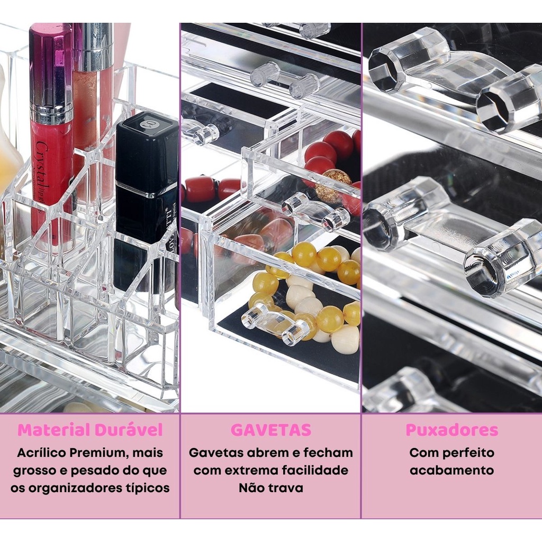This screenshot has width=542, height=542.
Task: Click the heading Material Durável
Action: pyautogui.click(x=90, y=430)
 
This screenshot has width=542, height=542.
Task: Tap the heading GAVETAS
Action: pyautogui.click(x=270, y=430)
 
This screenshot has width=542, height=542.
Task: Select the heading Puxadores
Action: pyautogui.click(x=452, y=430)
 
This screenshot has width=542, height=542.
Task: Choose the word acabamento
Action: pyautogui.click(x=452, y=470)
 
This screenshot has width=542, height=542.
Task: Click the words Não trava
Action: pyautogui.click(x=270, y=487)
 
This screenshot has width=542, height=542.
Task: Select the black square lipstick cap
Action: pyautogui.click(x=147, y=152)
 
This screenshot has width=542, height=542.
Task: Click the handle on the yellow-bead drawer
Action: pyautogui.click(x=276, y=323)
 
